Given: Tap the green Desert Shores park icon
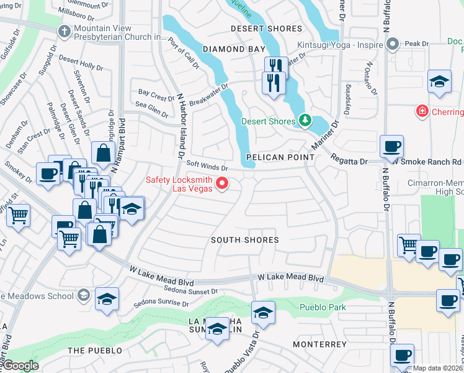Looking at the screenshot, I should pos(304,120).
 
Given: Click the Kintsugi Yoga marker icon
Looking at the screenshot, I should pos(391,44).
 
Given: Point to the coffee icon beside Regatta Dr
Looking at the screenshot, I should pos(391,147).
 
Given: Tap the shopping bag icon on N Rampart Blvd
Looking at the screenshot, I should pos(102,153).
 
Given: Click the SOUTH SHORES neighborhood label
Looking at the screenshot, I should pos(244,240).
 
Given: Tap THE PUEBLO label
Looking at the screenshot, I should pos(95,351).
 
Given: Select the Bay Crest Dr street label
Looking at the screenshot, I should pos(156,97).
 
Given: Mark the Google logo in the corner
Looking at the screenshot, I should pos(20,366).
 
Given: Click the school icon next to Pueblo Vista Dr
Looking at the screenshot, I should pos(263,312).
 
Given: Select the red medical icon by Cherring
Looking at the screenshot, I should pos(422,111).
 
